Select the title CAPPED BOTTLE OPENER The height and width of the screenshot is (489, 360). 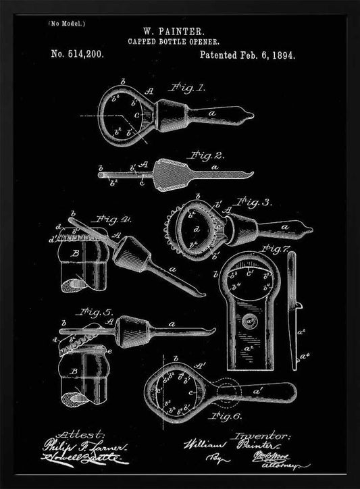[178, 41]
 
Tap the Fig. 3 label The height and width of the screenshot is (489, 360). [255, 201]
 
